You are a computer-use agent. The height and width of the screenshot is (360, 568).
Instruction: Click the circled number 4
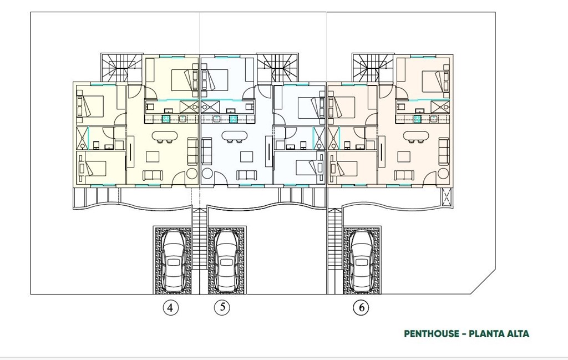(170, 308)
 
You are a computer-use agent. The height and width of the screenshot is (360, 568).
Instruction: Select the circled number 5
(222, 307)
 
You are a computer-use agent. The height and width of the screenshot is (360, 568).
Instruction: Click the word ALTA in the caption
(517, 334)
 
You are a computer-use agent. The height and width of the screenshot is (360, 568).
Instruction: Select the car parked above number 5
(226, 260)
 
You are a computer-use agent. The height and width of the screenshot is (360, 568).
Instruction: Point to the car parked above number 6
(362, 260)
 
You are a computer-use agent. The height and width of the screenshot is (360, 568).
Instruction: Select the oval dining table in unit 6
(416, 136)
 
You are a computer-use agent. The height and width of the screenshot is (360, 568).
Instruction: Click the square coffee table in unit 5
(246, 156)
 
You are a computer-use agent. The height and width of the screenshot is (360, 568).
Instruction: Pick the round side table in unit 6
(443, 175)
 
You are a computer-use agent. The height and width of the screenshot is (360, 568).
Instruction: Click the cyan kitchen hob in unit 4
(165, 119)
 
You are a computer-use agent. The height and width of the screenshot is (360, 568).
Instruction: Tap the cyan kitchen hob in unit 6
(417, 119)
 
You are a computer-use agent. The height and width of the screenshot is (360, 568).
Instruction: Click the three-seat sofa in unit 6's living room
(444, 151)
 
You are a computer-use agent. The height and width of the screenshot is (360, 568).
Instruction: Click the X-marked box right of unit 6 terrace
(447, 196)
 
